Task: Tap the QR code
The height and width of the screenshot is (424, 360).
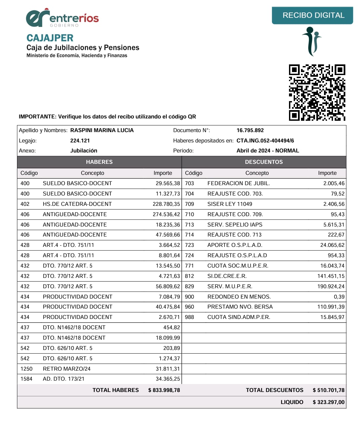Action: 317,92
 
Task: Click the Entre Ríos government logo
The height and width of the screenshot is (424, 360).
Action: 62,18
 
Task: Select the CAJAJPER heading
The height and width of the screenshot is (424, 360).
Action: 50,38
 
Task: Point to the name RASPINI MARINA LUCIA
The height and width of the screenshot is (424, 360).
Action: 102,130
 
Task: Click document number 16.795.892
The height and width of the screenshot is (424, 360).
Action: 250,130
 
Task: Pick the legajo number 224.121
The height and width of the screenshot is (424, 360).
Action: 80,141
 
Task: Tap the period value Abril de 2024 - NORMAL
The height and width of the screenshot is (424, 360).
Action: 268,151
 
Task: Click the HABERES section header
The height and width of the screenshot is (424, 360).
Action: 99,162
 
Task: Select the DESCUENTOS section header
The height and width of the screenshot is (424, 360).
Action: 264,162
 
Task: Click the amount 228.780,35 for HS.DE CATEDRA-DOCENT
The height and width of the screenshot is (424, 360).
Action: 166,204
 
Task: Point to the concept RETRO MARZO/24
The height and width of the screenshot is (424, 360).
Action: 67,369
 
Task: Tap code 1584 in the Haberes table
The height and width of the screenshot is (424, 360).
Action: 26,379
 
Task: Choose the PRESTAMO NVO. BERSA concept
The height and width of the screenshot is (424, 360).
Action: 240,307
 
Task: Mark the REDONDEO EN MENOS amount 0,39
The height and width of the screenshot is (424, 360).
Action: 339,297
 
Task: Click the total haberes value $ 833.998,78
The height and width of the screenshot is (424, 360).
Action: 164,390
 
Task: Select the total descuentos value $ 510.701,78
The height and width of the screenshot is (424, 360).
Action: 328,390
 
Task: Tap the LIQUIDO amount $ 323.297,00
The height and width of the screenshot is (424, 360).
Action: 328,402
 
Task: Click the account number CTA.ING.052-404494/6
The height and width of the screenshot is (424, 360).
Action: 265,141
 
